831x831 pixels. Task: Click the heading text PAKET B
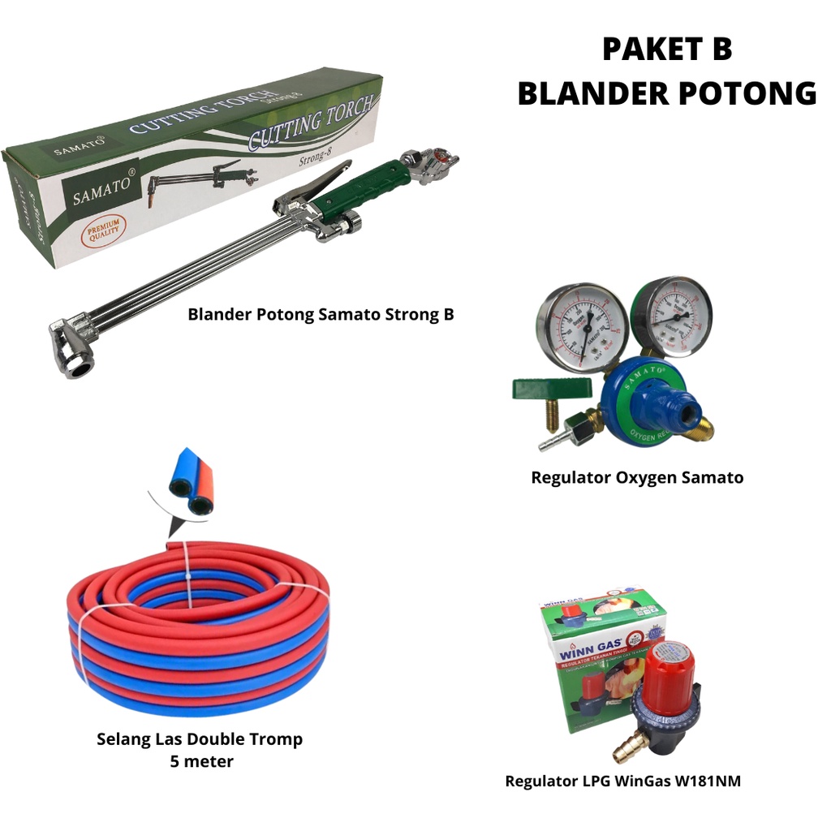point(666,50)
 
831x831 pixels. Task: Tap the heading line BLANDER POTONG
point(666,93)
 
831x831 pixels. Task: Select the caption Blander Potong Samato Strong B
point(321,314)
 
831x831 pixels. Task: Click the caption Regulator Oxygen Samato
point(637,477)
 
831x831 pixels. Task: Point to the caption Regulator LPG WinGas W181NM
point(622,781)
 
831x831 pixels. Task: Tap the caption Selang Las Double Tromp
point(200,739)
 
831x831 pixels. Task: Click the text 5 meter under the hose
point(201,761)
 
